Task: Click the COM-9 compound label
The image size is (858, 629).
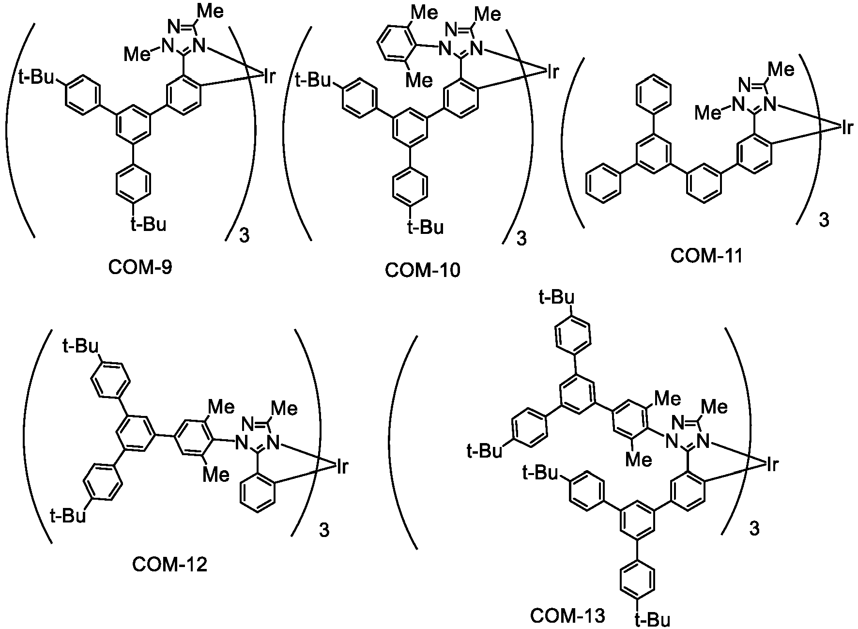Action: point(140,267)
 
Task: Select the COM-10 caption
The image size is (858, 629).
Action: point(423,270)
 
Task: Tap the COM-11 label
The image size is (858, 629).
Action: point(706,255)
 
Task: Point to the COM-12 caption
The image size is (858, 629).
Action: point(169,564)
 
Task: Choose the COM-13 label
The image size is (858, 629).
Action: point(567,616)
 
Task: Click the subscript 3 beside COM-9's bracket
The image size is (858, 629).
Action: point(245,238)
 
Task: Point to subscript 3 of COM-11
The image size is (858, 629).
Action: point(824,220)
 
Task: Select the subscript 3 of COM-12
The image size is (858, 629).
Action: point(324,531)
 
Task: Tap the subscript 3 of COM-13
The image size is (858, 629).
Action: point(755,529)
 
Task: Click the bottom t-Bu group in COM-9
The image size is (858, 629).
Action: point(148,224)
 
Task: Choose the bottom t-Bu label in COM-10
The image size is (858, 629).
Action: point(425,227)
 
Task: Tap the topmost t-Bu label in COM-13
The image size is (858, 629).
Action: point(557,296)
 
